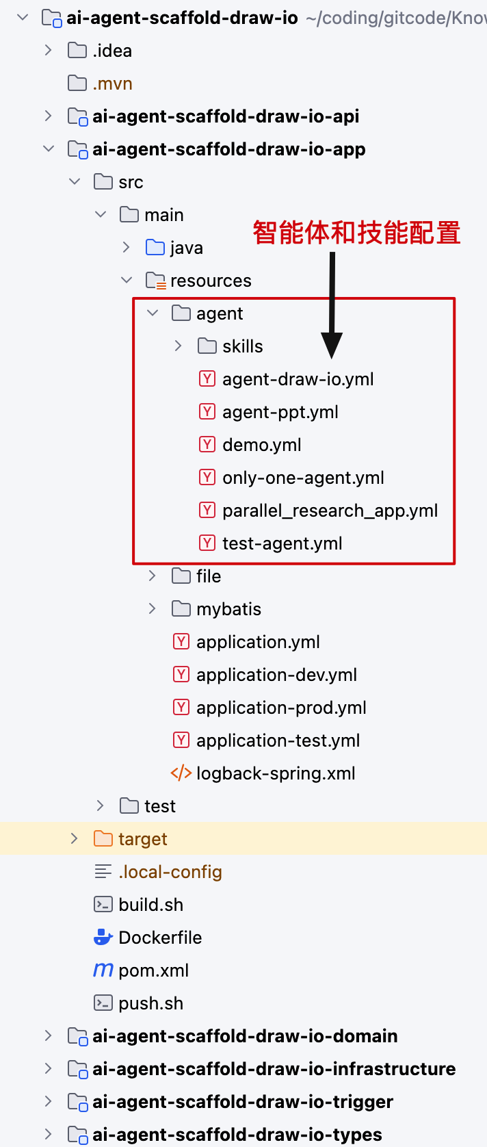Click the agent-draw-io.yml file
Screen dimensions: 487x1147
point(298,379)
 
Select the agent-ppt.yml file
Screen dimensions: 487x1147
point(280,412)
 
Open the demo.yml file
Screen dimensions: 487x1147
point(261,445)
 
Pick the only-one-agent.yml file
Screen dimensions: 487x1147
point(303,478)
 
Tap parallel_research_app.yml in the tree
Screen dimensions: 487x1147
point(330,511)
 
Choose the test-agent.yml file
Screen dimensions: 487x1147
point(282,543)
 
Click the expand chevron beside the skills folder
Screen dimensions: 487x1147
point(178,346)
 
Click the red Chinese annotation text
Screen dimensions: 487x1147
point(356,233)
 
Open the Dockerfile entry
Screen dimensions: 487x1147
point(160,938)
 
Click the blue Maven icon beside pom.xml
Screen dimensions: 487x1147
point(103,970)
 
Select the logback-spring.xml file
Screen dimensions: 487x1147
point(276,773)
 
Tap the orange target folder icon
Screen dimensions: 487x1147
point(103,839)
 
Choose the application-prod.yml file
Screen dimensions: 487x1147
point(281,708)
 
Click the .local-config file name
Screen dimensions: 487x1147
point(170,871)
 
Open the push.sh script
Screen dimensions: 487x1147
point(151,1003)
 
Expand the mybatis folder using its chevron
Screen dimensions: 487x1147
point(152,609)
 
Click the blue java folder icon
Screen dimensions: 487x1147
point(155,247)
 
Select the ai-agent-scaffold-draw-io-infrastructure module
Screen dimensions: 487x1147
point(274,1069)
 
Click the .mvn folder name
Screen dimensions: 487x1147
point(113,83)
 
